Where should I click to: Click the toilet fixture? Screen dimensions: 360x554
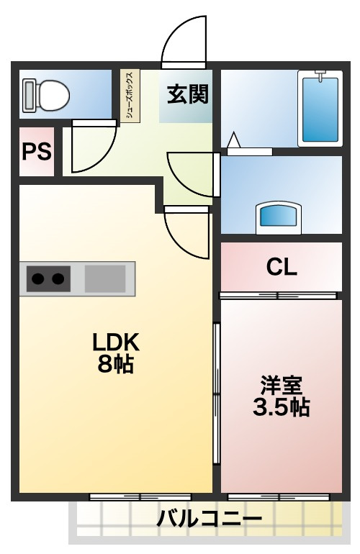point(46,96)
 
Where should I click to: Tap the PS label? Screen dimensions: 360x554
point(37,151)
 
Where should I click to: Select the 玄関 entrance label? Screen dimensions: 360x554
point(188,94)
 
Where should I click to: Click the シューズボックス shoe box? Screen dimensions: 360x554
point(130,96)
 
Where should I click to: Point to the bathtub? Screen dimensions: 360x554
point(320,109)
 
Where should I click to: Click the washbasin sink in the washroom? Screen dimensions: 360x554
point(279,217)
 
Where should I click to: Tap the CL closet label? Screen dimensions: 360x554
point(282,267)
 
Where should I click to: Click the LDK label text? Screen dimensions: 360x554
point(116,342)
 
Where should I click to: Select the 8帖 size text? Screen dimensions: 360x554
point(116,364)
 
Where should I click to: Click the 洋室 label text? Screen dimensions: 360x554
point(282,386)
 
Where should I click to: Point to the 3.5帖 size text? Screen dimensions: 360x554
point(282,407)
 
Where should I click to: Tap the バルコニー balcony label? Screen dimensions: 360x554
point(210,519)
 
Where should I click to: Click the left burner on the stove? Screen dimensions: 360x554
point(38,278)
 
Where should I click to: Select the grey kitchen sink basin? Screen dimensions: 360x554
point(105,278)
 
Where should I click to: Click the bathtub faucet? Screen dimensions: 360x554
point(320,76)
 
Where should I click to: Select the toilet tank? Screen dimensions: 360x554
point(29,96)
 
